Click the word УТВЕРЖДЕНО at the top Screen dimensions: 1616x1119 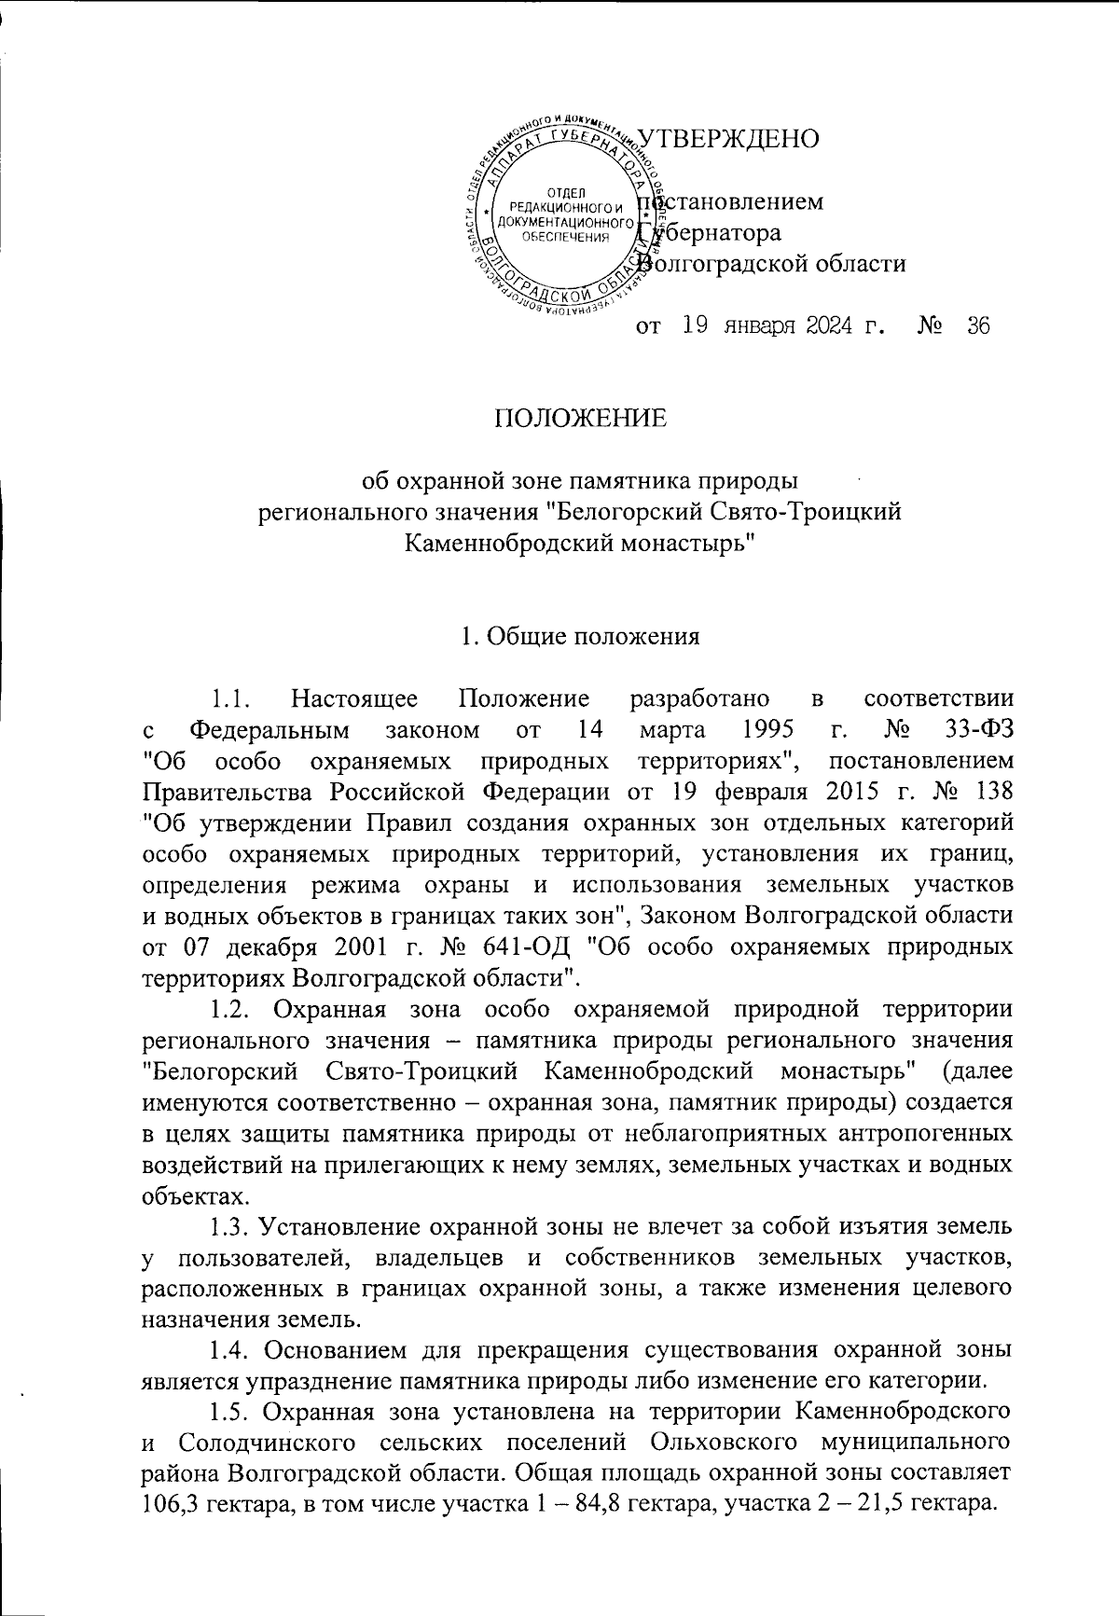coord(727,138)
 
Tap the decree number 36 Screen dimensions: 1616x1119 coord(977,326)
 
